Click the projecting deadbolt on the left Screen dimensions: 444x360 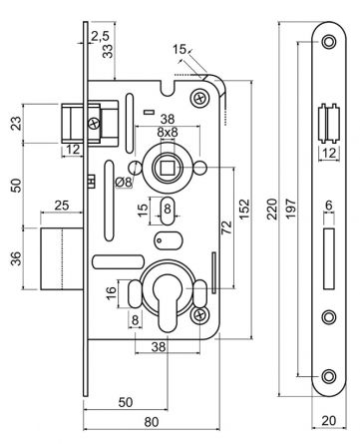pos(61,257)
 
